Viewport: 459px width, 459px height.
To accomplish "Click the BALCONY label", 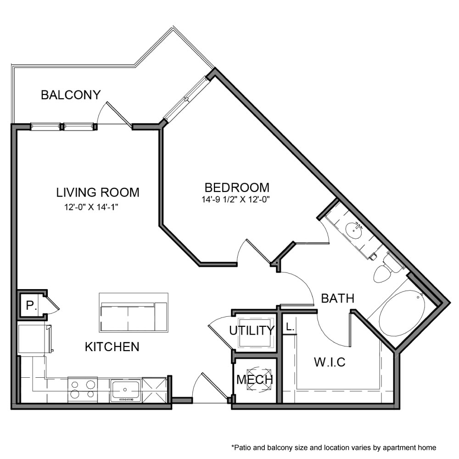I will (70, 95).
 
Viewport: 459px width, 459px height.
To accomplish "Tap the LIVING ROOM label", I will (97, 192).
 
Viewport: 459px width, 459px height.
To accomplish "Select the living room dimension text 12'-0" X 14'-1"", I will (95, 207).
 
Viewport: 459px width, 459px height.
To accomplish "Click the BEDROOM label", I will (237, 188).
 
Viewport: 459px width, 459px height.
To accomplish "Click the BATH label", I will (337, 298).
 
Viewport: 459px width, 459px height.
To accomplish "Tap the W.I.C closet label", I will (329, 362).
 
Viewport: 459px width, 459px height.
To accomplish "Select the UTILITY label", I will (252, 330).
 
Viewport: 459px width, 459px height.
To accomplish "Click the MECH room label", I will (255, 380).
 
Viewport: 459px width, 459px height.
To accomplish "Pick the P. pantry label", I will (31, 306).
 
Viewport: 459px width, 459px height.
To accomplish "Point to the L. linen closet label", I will (289, 327).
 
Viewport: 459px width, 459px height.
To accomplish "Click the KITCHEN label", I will (112, 347).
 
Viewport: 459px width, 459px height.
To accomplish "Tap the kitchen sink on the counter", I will (125, 390).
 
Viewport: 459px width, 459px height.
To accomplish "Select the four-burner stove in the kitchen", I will (82, 389).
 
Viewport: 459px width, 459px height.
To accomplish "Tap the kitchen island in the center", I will (134, 312).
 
